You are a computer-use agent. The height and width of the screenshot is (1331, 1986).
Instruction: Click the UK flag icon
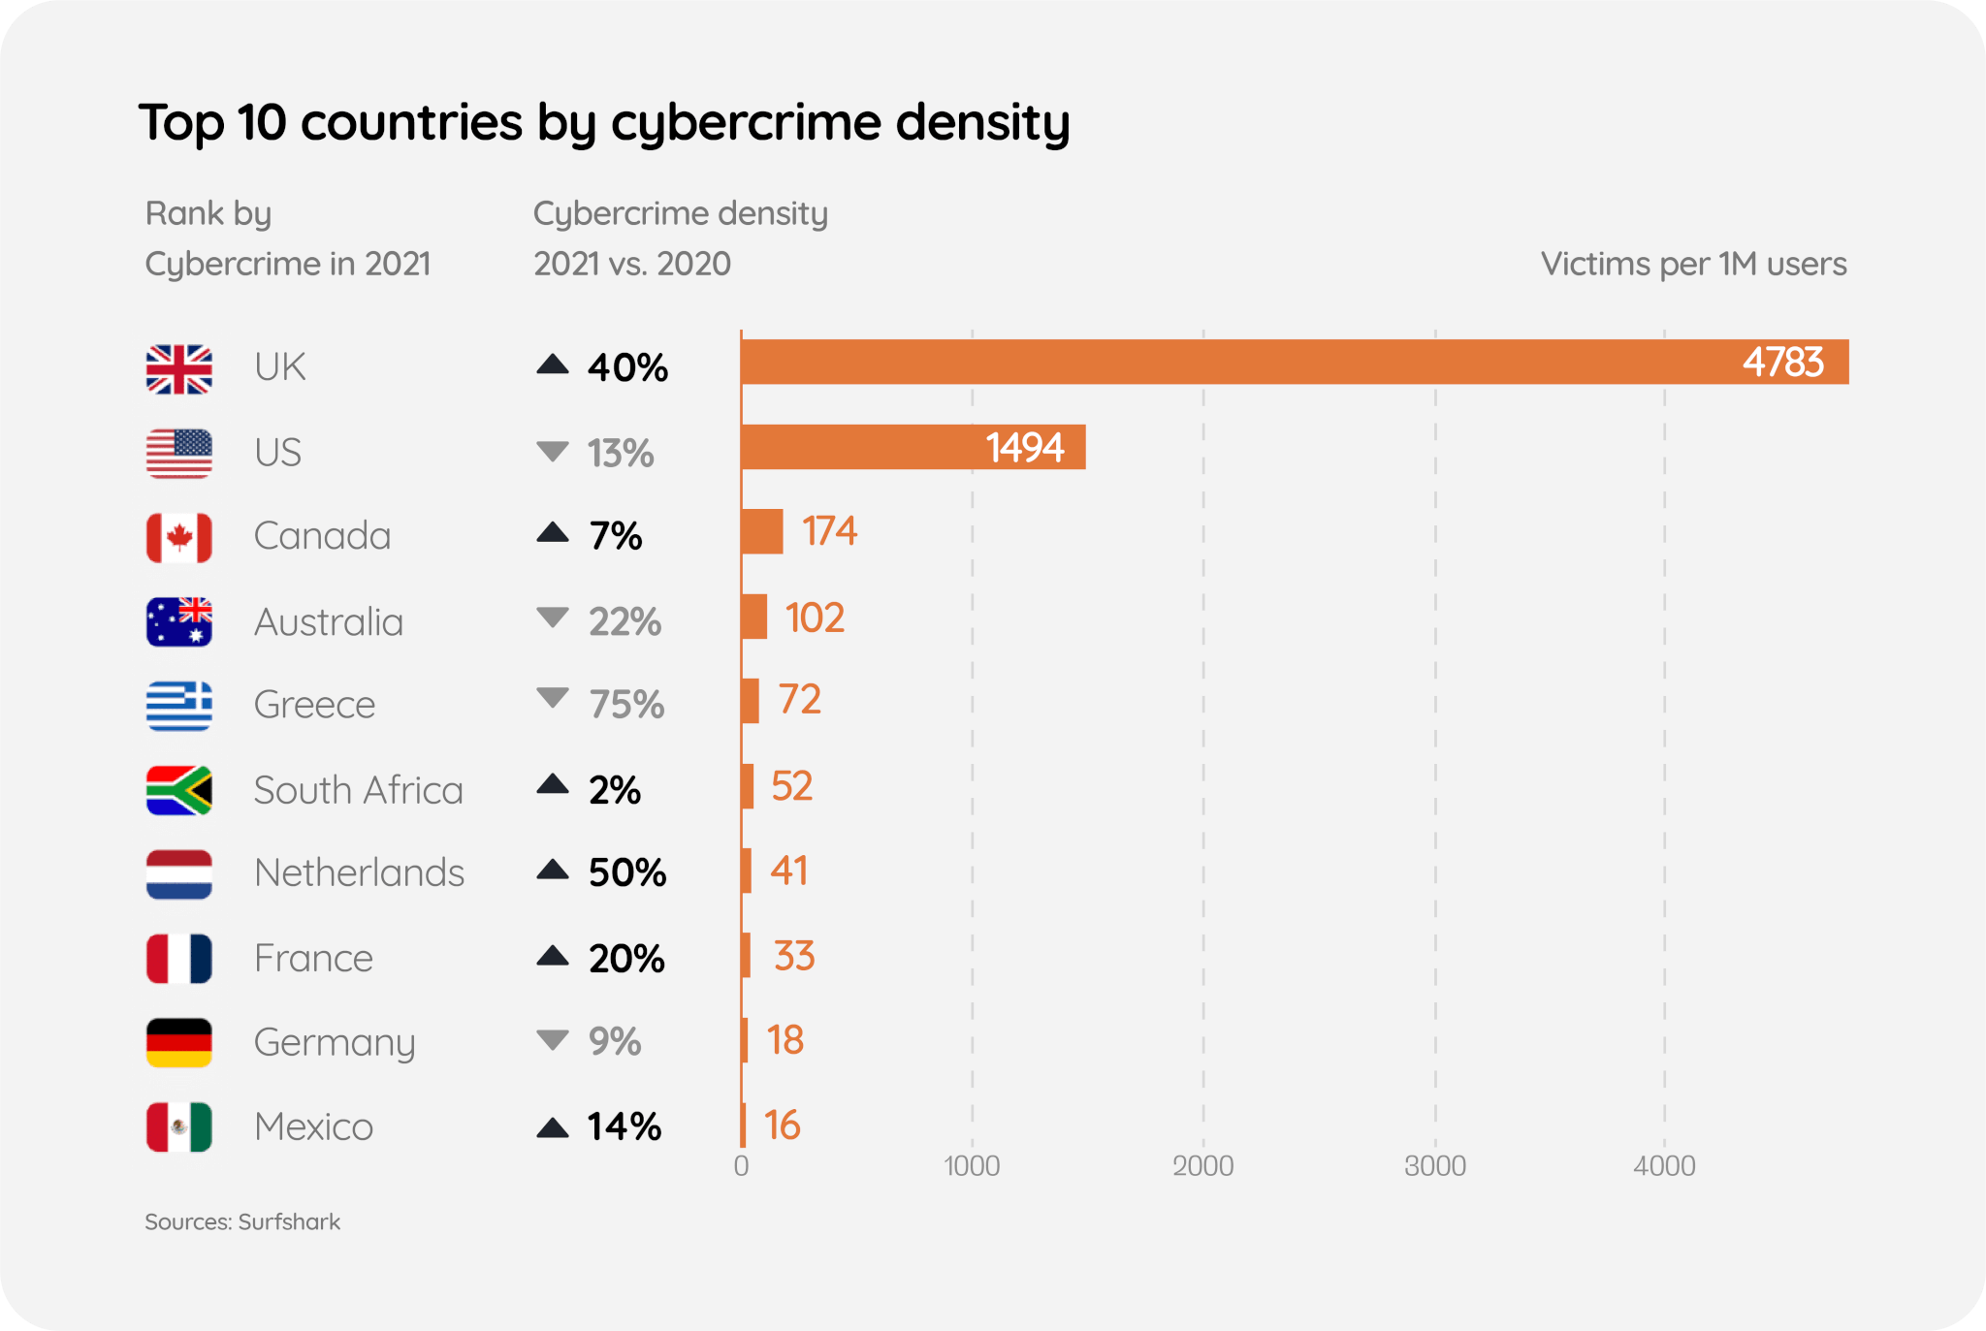179,369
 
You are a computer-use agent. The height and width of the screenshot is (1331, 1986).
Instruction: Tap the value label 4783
1782,363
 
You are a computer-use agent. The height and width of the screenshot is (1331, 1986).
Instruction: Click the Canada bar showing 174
762,531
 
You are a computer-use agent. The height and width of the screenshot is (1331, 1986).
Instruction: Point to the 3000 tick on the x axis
1435,1165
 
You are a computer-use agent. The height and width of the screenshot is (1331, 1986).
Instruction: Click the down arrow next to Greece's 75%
553,698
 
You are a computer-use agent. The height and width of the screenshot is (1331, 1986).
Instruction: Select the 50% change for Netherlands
627,872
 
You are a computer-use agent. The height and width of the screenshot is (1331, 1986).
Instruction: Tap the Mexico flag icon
179,1126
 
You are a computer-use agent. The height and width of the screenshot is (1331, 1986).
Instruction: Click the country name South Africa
358,790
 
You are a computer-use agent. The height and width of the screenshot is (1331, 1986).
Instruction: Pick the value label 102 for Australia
815,618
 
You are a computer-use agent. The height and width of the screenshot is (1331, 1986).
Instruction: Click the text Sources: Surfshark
242,1221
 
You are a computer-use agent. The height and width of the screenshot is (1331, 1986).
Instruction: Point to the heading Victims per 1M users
1693,264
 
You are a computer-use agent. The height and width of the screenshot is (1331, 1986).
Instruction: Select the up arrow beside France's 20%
553,957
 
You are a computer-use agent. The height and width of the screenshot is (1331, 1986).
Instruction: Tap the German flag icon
179,1042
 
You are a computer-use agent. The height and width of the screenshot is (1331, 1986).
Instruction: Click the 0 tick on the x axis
741,1165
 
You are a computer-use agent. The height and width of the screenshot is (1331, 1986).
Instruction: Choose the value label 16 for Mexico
782,1125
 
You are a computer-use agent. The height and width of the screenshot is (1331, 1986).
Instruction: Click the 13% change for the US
620,453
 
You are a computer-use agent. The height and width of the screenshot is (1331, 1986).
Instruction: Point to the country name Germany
335,1042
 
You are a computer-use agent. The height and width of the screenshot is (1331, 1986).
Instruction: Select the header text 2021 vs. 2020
632,264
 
